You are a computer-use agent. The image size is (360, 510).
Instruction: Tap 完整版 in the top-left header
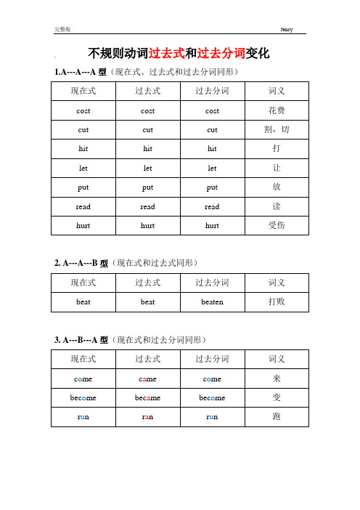pos(62,28)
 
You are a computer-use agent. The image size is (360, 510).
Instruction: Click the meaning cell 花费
pos(277,110)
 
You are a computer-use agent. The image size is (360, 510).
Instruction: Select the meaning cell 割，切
pos(277,129)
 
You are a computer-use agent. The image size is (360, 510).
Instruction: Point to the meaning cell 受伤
pos(277,224)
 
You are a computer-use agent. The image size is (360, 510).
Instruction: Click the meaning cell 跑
pos(277,416)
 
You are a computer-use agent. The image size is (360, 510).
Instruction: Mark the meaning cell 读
pos(277,206)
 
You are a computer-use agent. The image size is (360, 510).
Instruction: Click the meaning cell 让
pos(277,168)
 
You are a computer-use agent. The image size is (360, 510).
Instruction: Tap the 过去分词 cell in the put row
pos(211,187)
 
